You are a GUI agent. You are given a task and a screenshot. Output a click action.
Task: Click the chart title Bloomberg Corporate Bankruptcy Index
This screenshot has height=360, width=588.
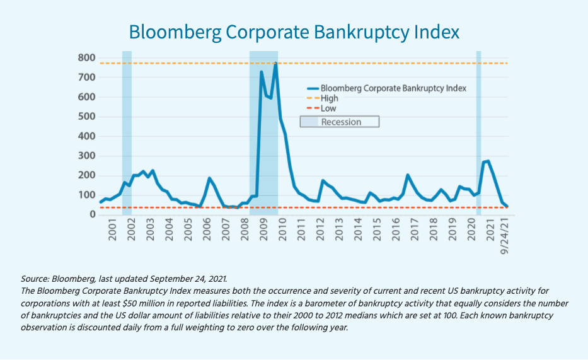[294, 32]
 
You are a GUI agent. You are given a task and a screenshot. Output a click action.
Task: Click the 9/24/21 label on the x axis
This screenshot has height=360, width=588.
[504, 236]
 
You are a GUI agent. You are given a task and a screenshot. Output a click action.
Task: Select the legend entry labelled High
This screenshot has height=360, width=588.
[329, 98]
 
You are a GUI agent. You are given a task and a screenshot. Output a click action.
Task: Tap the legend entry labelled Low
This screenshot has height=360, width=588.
[328, 108]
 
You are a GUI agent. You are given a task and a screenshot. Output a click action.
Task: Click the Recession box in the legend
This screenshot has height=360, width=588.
[339, 122]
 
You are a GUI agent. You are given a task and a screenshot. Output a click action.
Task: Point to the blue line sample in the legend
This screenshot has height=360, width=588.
[312, 88]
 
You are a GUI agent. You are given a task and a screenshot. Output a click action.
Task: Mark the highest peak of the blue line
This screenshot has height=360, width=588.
[276, 63]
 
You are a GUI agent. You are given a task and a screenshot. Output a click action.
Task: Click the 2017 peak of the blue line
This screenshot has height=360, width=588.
[408, 175]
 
